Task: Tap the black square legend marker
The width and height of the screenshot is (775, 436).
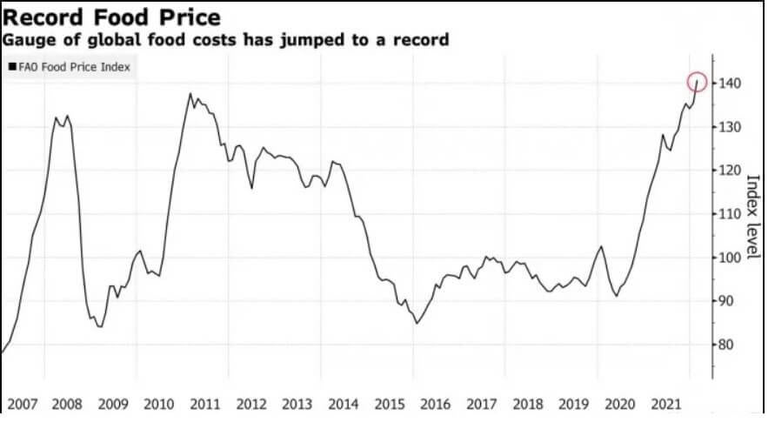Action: (x=12, y=65)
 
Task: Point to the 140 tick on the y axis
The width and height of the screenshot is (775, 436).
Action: (x=729, y=84)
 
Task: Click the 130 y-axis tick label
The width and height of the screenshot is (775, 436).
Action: (x=729, y=127)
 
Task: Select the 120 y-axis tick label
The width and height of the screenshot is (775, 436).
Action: (x=729, y=171)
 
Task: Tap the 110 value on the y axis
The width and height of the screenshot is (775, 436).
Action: (x=729, y=214)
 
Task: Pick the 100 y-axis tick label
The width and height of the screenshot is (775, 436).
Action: (x=729, y=258)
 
